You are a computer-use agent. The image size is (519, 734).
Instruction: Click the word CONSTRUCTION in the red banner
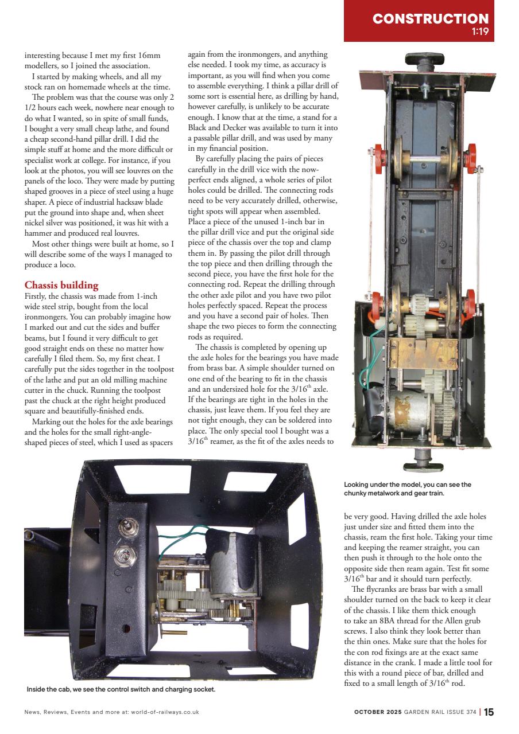tap(430, 19)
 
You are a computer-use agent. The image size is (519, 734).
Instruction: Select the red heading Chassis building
tap(61, 285)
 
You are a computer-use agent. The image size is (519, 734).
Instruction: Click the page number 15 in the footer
tap(488, 712)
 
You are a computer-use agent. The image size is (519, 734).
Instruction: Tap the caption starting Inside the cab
tap(121, 689)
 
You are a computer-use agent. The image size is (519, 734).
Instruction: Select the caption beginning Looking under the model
tap(407, 489)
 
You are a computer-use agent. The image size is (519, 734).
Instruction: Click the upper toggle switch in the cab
tap(122, 527)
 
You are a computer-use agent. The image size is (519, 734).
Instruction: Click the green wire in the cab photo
tap(181, 532)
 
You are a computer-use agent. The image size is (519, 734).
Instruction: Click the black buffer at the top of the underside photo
tap(424, 60)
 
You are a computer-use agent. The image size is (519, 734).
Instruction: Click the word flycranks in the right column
tap(377, 589)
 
